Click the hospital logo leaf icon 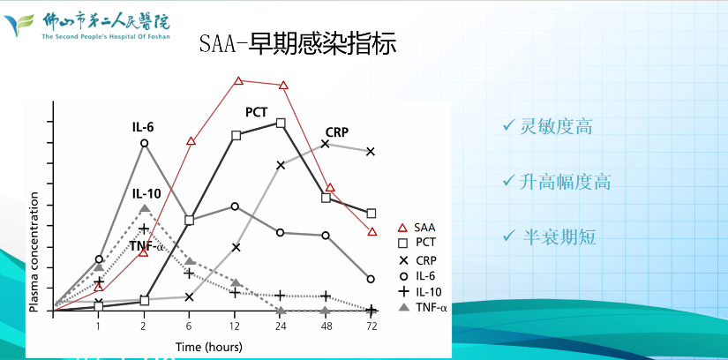point(19,25)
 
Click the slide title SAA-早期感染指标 point(298,45)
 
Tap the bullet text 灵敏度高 point(556,126)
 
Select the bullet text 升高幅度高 point(565,182)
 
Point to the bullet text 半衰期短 point(559,236)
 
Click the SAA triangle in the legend point(403,228)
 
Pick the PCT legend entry point(417,243)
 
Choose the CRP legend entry point(417,260)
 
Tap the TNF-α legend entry point(423,307)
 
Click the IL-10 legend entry point(420,292)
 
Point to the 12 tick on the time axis point(236,326)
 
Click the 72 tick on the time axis point(371,326)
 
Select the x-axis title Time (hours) point(209,347)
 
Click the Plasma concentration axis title point(34,251)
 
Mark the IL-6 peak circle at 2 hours point(145,143)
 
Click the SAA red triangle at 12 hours point(238,81)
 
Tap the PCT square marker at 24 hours point(281,124)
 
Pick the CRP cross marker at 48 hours point(326,144)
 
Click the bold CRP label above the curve point(336,132)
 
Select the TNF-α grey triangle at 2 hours point(145,208)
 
